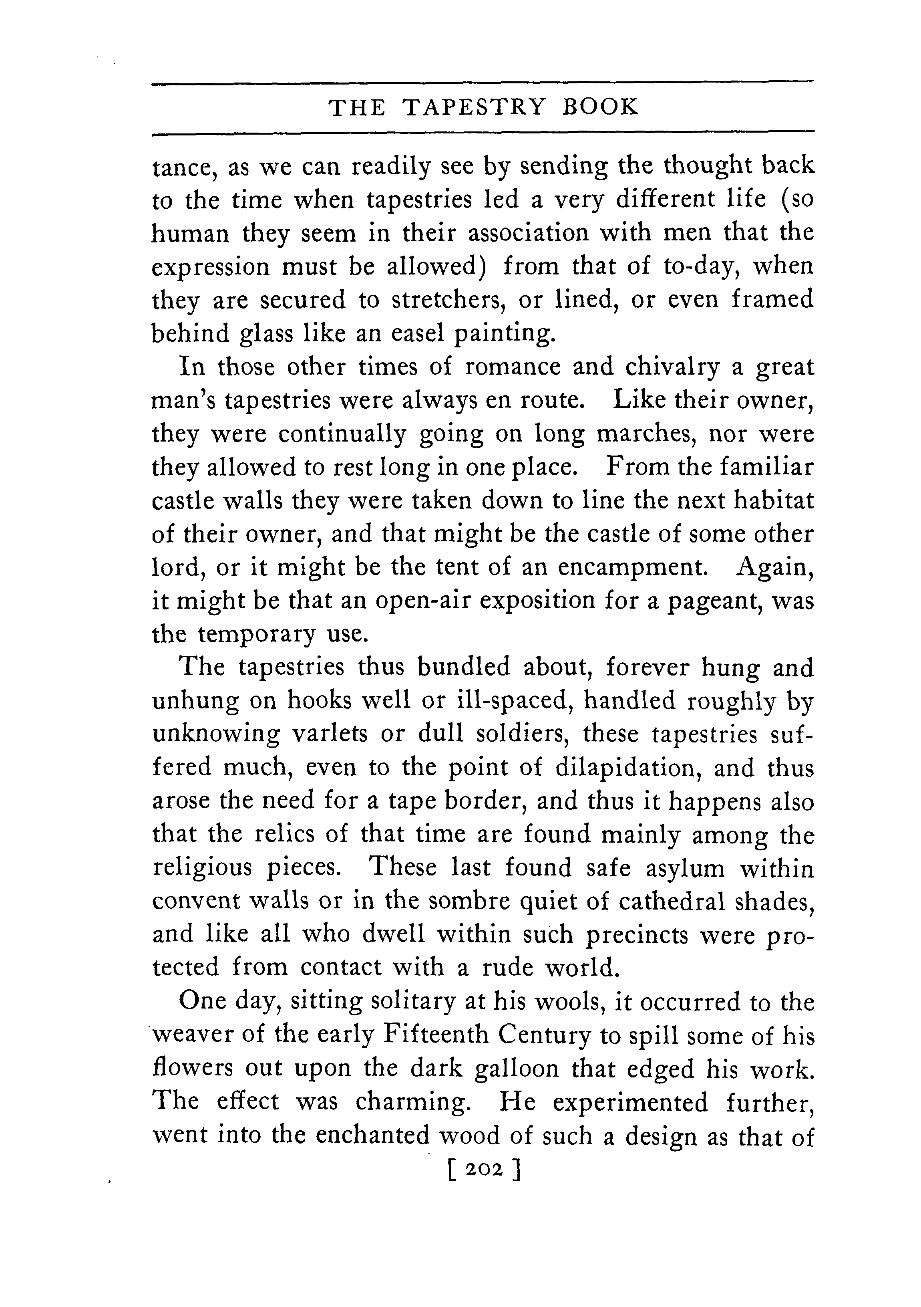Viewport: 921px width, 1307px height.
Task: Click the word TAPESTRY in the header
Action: click(474, 107)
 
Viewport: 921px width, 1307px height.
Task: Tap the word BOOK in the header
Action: click(601, 107)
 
